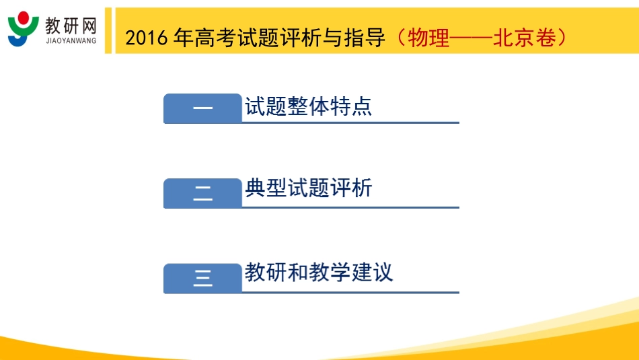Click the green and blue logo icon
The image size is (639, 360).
pyautogui.click(x=24, y=28)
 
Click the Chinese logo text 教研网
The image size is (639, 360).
pyautogui.click(x=71, y=25)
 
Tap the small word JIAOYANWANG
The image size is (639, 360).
pyautogui.click(x=71, y=40)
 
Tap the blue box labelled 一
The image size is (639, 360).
pyautogui.click(x=202, y=109)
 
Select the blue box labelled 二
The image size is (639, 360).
pyautogui.click(x=202, y=194)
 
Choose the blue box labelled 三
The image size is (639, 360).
pyautogui.click(x=202, y=279)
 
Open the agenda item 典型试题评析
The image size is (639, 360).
pyautogui.click(x=308, y=188)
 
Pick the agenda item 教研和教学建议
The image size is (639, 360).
pyautogui.click(x=319, y=273)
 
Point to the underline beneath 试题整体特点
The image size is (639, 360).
pyautogui.click(x=350, y=123)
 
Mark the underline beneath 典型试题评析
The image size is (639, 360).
pyautogui.click(x=350, y=208)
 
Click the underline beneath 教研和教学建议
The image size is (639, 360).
pyautogui.click(x=350, y=293)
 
